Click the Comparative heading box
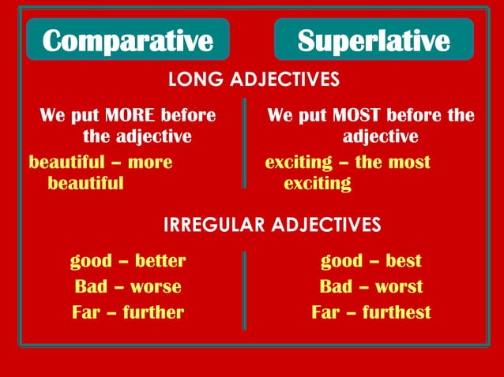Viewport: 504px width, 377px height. point(127,39)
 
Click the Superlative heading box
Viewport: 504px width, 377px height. point(374,39)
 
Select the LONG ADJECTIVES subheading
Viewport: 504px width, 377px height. point(254,80)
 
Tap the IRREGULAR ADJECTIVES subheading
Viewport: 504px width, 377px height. point(272,225)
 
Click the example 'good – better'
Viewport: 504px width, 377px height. point(127,261)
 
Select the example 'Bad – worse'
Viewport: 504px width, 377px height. point(127,286)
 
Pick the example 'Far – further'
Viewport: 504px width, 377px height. point(127,312)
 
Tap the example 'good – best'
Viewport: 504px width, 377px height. point(371,261)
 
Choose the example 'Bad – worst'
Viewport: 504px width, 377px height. point(371,286)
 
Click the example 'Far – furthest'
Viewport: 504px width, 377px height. point(371,312)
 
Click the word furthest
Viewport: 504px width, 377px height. point(397,312)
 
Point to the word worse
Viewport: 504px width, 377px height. point(156,286)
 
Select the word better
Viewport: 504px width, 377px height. point(160,261)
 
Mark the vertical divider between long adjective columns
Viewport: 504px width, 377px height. point(245,143)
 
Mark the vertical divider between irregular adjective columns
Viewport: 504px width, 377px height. point(245,289)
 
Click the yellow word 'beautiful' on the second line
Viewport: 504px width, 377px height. point(85,184)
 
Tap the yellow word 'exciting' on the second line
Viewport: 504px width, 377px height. point(317,184)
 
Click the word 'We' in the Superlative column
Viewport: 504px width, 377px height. point(281,116)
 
